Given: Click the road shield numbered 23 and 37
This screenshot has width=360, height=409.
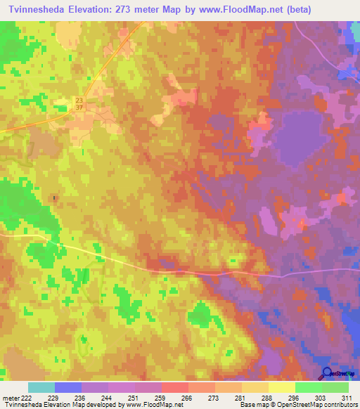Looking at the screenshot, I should [x=79, y=103].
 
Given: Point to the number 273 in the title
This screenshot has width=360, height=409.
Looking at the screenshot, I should [x=122, y=10].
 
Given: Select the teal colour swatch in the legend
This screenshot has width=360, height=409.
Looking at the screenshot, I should [x=41, y=387].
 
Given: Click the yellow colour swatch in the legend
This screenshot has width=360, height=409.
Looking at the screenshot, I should [x=282, y=387].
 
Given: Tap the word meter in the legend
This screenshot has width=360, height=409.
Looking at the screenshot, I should [x=11, y=398].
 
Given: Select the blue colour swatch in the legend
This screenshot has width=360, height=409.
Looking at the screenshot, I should [x=68, y=387].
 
